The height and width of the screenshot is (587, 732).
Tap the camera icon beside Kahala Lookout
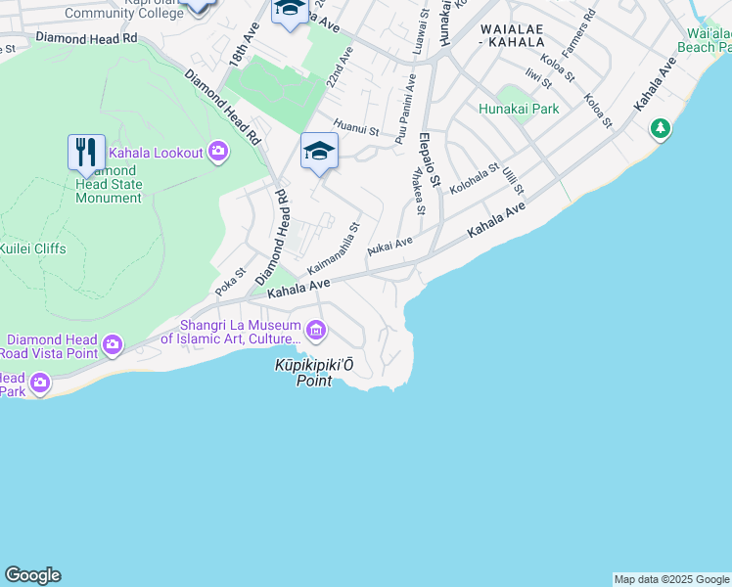218,152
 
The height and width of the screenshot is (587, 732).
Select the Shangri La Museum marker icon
316,332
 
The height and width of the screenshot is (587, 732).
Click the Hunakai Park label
519,109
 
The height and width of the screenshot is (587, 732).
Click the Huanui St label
355,124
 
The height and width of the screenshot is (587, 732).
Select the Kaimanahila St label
334,248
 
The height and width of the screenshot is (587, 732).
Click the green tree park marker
661,129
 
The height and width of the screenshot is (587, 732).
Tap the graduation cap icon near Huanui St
319,151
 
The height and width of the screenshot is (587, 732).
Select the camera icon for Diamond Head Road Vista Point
113,343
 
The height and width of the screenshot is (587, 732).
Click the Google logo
32,575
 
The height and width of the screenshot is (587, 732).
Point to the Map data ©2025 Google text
672,579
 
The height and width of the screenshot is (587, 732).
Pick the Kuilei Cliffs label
33,248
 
